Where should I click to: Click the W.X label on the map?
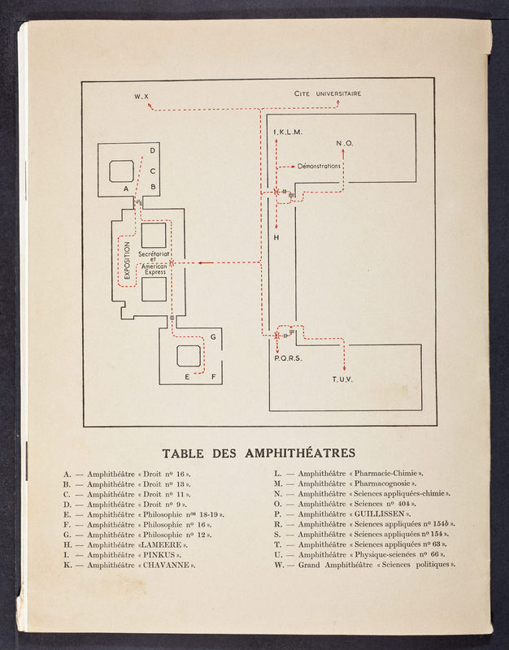coord(142,97)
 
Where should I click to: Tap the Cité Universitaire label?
coord(328,93)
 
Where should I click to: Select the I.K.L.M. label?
coord(288,132)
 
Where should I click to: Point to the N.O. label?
coord(345,144)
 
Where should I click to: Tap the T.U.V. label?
coord(344,379)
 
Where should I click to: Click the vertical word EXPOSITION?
coord(127,260)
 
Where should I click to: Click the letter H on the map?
coord(276,237)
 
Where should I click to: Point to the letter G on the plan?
coord(213,336)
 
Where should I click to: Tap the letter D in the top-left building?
coord(153,151)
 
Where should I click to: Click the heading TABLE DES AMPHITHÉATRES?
coord(259,453)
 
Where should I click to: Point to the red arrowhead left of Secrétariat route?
coord(200,262)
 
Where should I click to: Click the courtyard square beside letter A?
coord(121,171)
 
